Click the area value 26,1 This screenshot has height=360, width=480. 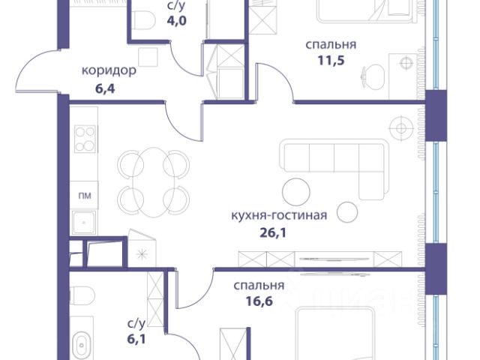pos(273,233)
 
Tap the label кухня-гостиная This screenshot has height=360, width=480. pos(279,215)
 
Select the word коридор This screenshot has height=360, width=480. pos(109,71)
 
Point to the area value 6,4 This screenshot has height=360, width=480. pos(105,88)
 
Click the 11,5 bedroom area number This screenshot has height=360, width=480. pos(331,60)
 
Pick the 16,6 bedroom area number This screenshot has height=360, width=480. pos(259,301)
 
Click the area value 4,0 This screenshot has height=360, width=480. pos(177,21)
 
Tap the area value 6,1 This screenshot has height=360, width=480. pos(136,339)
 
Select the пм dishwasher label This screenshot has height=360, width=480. pos(85,195)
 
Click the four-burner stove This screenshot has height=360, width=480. pos(85,139)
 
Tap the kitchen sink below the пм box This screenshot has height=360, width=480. pos(84,223)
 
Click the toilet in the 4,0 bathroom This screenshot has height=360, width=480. pos(143,20)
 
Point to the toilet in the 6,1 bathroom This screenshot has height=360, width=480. pos(82,295)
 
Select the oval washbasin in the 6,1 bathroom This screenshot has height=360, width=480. pos(82,345)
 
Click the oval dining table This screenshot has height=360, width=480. pos(154,182)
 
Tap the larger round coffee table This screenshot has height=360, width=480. pos(296,192)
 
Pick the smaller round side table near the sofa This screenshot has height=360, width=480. pos(347,212)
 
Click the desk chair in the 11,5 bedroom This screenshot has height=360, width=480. pos(373,76)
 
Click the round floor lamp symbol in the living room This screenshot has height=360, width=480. pos(401,128)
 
